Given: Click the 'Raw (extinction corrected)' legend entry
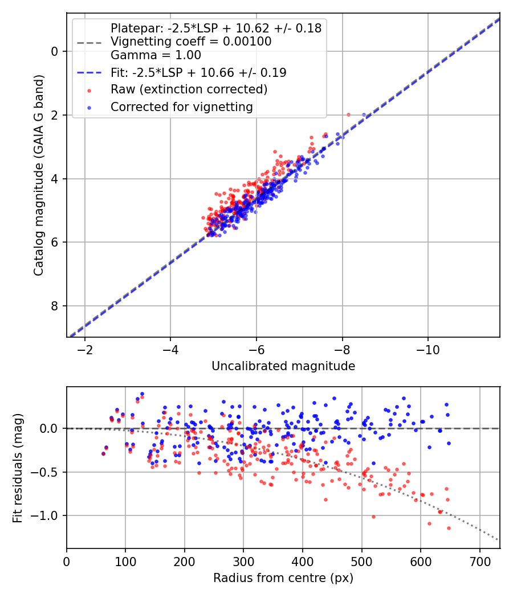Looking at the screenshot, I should click(x=189, y=89).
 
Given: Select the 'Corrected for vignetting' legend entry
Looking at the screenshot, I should click(x=181, y=107).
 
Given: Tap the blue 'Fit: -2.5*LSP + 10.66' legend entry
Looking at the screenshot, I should click(x=198, y=73).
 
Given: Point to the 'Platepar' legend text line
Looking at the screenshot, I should click(x=215, y=28).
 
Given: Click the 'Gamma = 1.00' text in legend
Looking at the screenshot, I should click(x=156, y=55).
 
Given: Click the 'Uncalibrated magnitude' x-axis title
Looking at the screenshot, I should click(x=283, y=366).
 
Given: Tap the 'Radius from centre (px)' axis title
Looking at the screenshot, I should click(x=283, y=578).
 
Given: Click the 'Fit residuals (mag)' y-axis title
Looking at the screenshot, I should click(x=18, y=467).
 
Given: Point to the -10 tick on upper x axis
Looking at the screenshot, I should click(x=427, y=349).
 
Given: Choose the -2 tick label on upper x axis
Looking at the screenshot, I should click(x=85, y=349).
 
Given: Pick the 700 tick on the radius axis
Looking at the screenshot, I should click(x=479, y=560).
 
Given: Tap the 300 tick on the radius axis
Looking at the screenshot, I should click(x=243, y=560).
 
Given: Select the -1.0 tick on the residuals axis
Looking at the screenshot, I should click(x=48, y=516).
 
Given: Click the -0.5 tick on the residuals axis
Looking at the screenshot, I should click(x=48, y=472).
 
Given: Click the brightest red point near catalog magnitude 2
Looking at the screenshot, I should click(x=348, y=114).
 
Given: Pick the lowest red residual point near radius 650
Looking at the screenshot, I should click(x=449, y=528).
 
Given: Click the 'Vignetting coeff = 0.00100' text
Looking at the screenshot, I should click(x=191, y=42).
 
